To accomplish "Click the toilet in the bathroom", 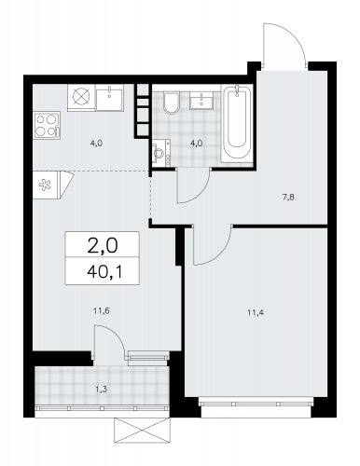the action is click(x=171, y=103).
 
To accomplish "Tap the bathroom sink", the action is click(x=201, y=101).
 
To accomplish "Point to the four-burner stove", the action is click(x=47, y=125).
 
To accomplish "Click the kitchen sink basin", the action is click(x=109, y=97).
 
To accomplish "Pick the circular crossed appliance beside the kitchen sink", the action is click(x=81, y=97).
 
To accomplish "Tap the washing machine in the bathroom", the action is click(x=161, y=153).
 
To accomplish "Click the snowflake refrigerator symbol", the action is click(x=45, y=185).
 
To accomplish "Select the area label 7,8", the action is click(x=288, y=197).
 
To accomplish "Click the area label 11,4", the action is click(x=256, y=313).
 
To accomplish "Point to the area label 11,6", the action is click(x=102, y=310).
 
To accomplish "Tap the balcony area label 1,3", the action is click(x=102, y=390).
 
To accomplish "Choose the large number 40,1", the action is click(x=104, y=272).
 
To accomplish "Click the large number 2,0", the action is click(x=103, y=246).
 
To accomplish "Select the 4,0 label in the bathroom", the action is click(x=197, y=144).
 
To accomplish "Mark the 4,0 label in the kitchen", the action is click(x=97, y=144).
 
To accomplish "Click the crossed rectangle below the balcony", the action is click(x=143, y=431).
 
